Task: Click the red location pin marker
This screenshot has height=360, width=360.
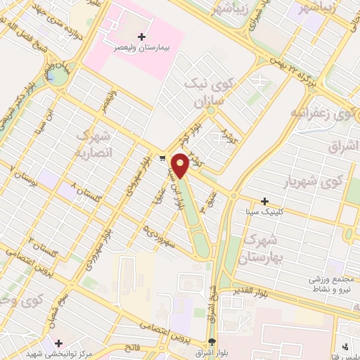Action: [181, 164]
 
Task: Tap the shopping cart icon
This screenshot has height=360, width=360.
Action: [162, 158]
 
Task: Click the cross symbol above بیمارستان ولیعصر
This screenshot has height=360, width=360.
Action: [143, 36]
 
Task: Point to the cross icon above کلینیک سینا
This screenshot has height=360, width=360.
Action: [264, 201]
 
